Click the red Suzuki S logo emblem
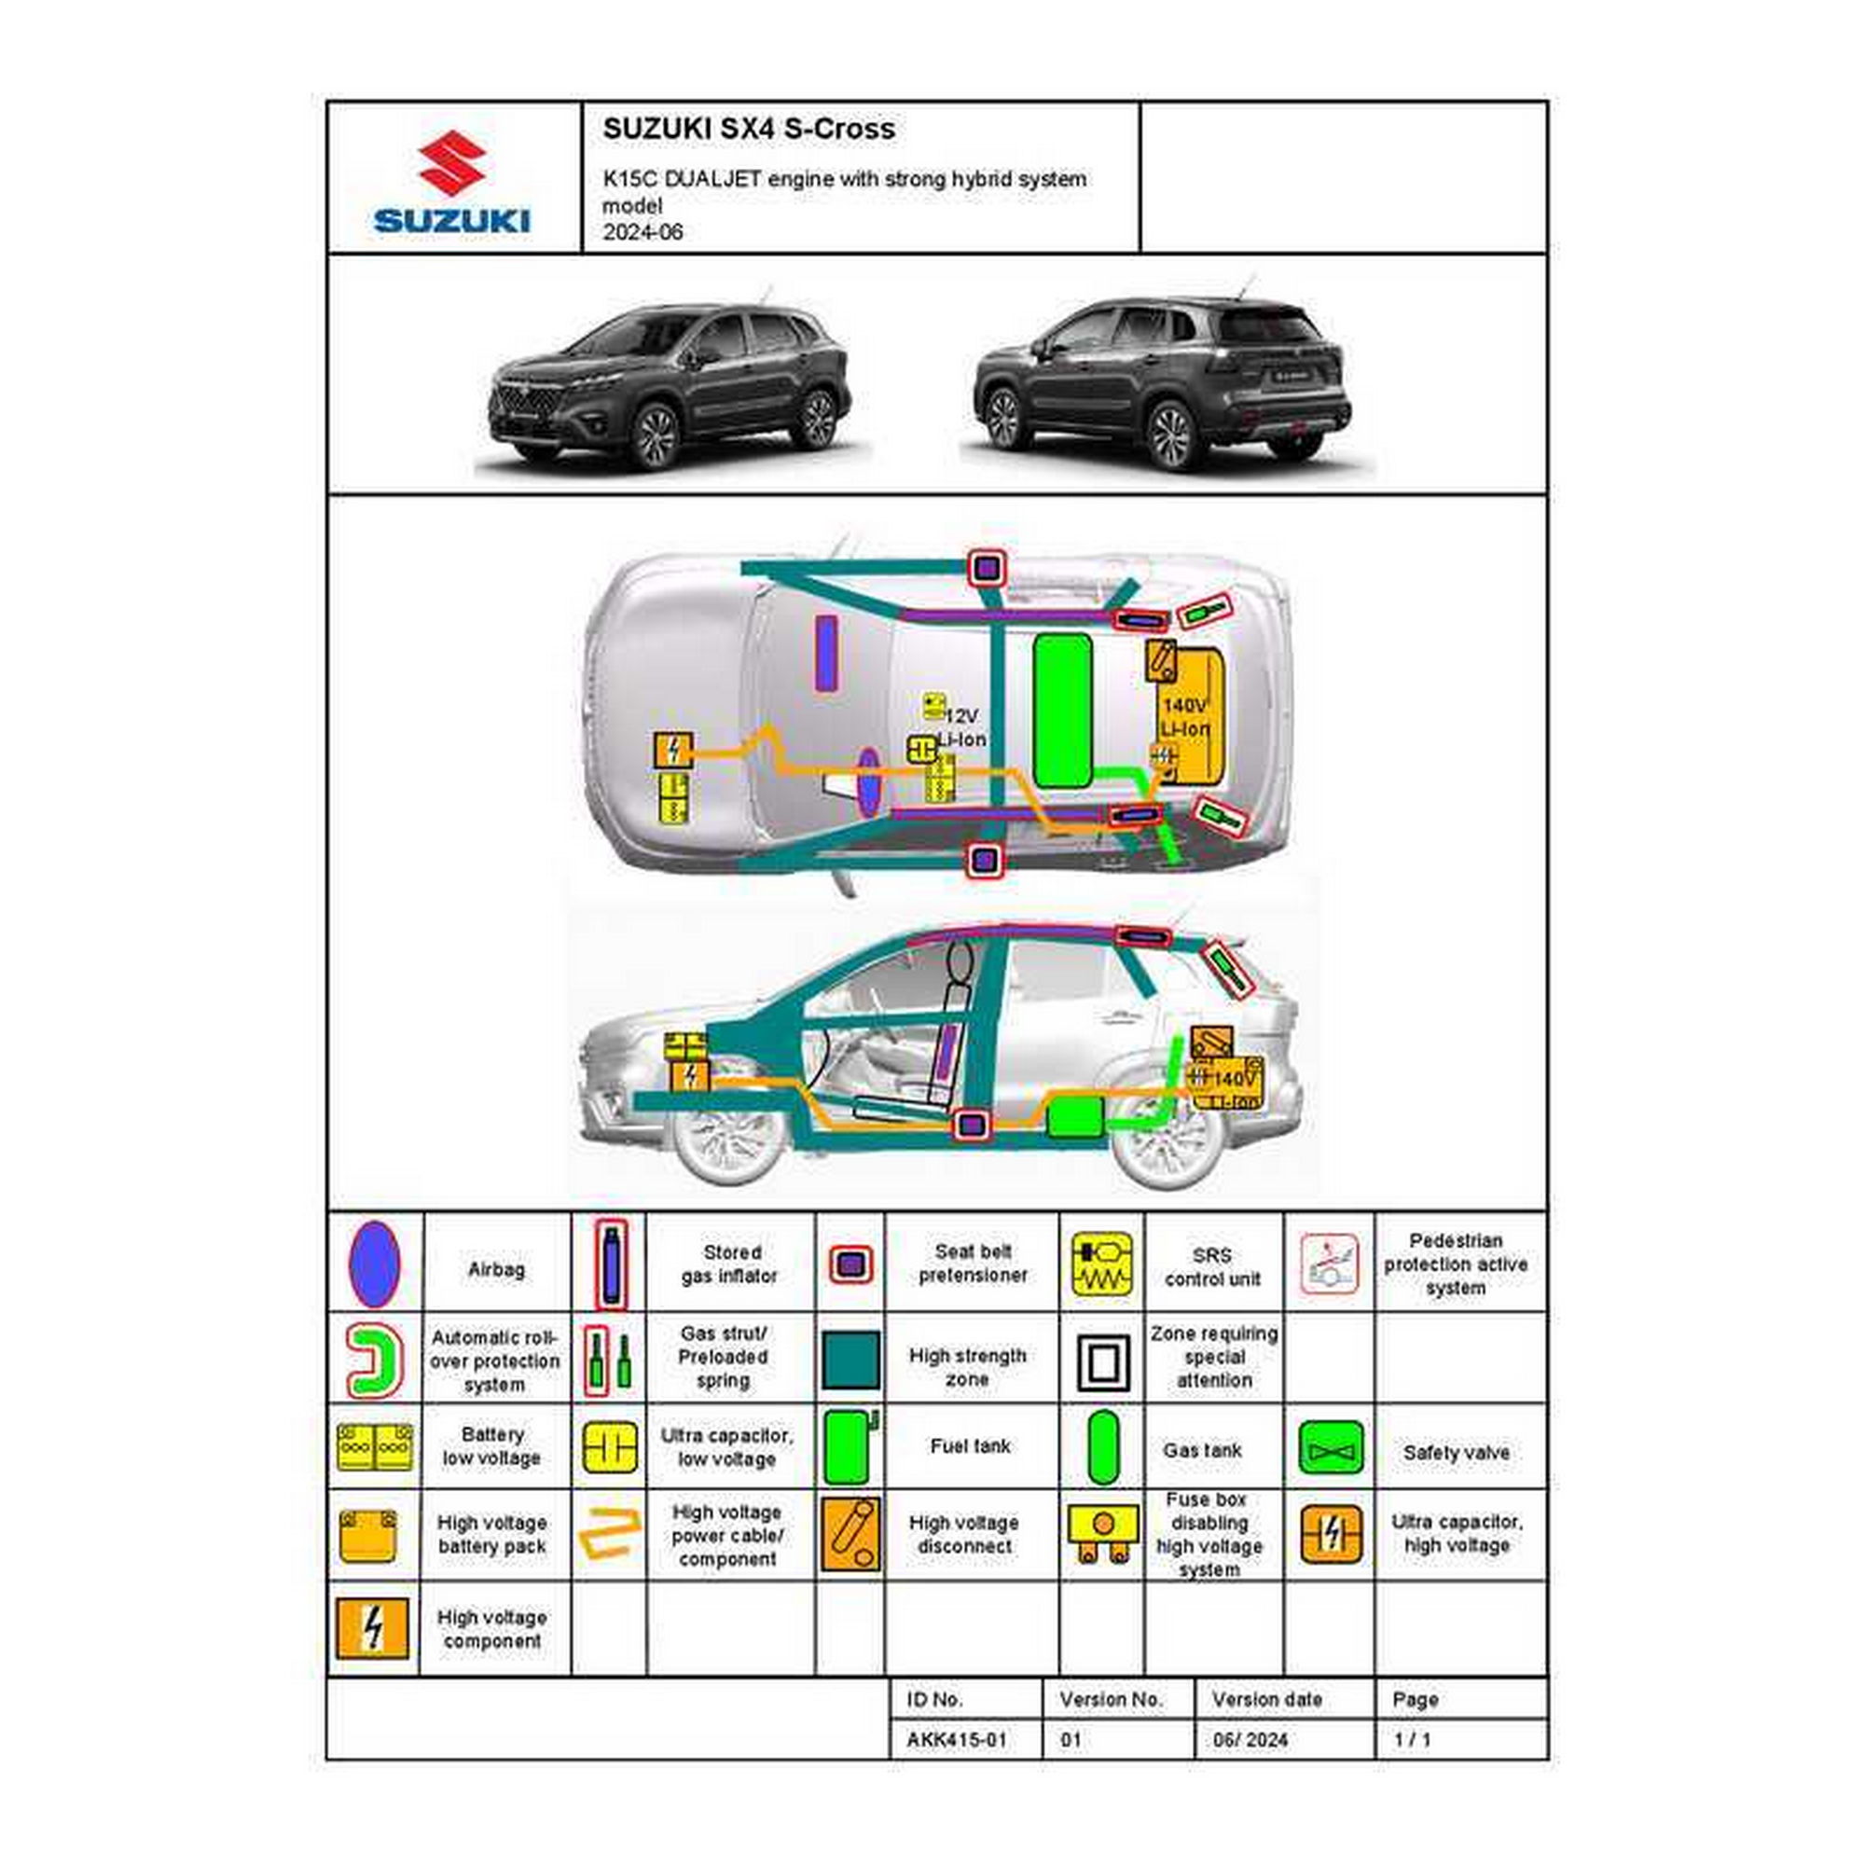coord(451,163)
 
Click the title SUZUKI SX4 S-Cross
coord(748,130)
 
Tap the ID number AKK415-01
coord(956,1739)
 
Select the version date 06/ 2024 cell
coord(1250,1739)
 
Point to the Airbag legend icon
coord(374,1264)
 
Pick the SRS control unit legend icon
coord(1101,1264)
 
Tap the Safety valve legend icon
coord(1331,1448)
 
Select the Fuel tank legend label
coord(970,1446)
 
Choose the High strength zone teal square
coord(850,1360)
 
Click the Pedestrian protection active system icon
coord(1329,1264)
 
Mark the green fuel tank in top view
coord(1062,710)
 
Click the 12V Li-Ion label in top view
coord(960,727)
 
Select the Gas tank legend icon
coord(1101,1447)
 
